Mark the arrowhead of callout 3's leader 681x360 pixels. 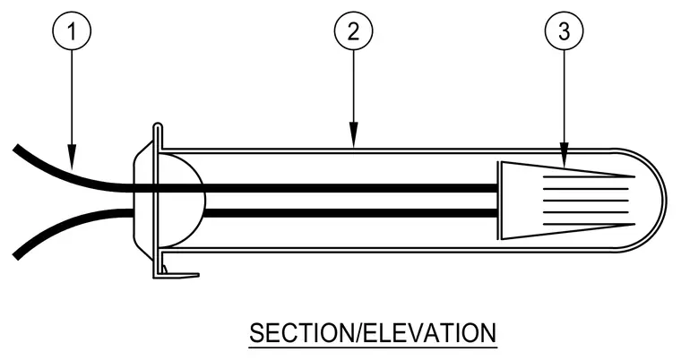564,155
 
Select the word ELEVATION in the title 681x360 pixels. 428,333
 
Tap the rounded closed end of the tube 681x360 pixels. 665,201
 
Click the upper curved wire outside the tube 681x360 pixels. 70,176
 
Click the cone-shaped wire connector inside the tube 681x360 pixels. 565,201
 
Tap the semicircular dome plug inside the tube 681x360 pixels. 203,201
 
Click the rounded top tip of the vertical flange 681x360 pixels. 158,125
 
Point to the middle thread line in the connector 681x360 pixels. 586,201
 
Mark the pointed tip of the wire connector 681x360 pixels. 634,176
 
